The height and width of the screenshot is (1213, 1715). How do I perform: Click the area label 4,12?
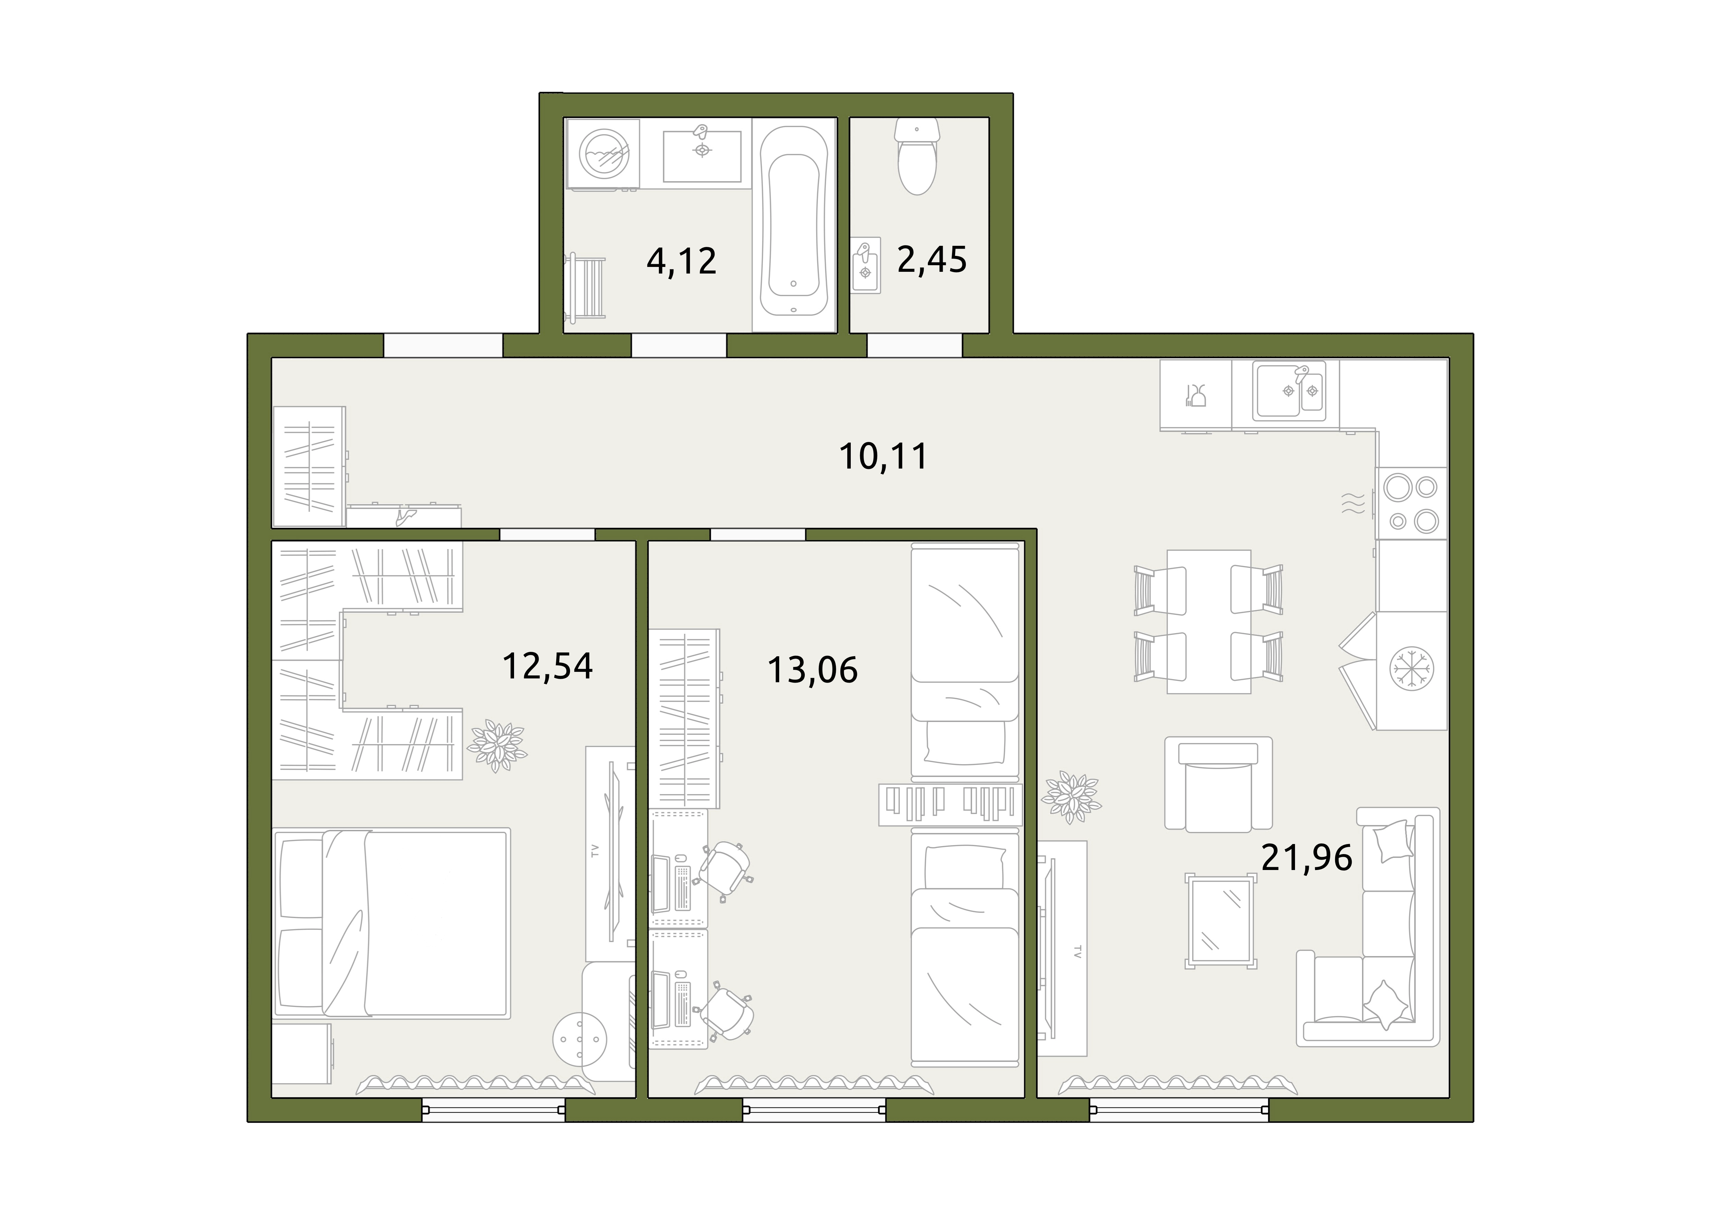pos(681,261)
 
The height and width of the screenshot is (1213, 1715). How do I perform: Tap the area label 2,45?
pos(931,259)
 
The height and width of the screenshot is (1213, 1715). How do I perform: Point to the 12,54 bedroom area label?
pos(548,666)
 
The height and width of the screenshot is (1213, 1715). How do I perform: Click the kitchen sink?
pos(1290,390)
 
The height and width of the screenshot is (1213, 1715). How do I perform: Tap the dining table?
pos(1209,621)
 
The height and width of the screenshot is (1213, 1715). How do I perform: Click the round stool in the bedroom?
pos(580,1038)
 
